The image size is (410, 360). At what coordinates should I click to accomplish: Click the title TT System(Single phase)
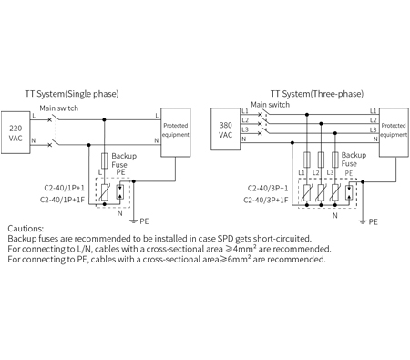[71, 93]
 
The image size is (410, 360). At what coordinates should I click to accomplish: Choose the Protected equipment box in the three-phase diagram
[393, 129]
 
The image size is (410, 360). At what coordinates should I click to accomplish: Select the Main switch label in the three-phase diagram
[271, 104]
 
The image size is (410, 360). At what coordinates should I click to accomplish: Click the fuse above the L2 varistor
[321, 157]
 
